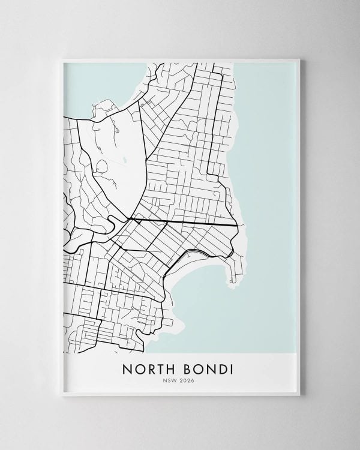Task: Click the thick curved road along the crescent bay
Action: pyautogui.click(x=180, y=255)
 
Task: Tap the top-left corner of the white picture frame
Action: pyautogui.click(x=62, y=58)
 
